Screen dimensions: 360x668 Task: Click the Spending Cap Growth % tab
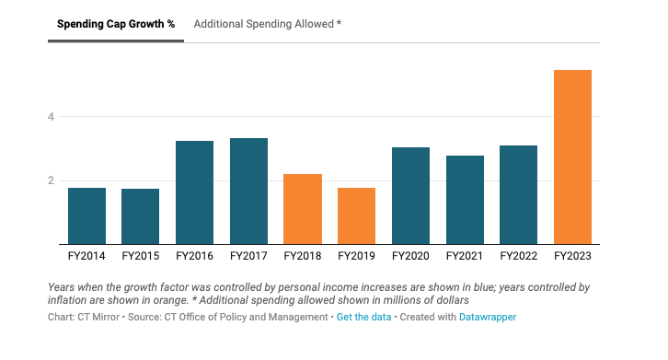click(x=116, y=23)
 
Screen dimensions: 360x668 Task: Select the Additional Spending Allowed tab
click(x=267, y=23)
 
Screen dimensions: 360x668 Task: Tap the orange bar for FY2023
click(x=572, y=157)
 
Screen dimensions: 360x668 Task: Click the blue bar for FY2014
click(x=86, y=215)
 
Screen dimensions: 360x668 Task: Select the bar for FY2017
click(x=248, y=191)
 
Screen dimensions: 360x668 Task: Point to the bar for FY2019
click(x=356, y=215)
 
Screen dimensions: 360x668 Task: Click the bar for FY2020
click(x=410, y=195)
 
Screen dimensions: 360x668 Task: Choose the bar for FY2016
click(x=194, y=192)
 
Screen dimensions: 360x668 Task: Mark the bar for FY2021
click(x=465, y=200)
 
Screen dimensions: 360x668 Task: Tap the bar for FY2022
click(x=518, y=194)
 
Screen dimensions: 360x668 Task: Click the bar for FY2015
click(x=141, y=216)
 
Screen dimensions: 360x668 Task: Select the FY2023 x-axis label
click(x=572, y=255)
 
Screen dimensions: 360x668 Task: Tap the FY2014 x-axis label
click(x=86, y=255)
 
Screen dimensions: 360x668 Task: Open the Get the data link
click(x=364, y=317)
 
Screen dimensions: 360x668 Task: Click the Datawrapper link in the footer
click(x=488, y=317)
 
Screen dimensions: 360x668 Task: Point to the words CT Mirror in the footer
click(x=97, y=317)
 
